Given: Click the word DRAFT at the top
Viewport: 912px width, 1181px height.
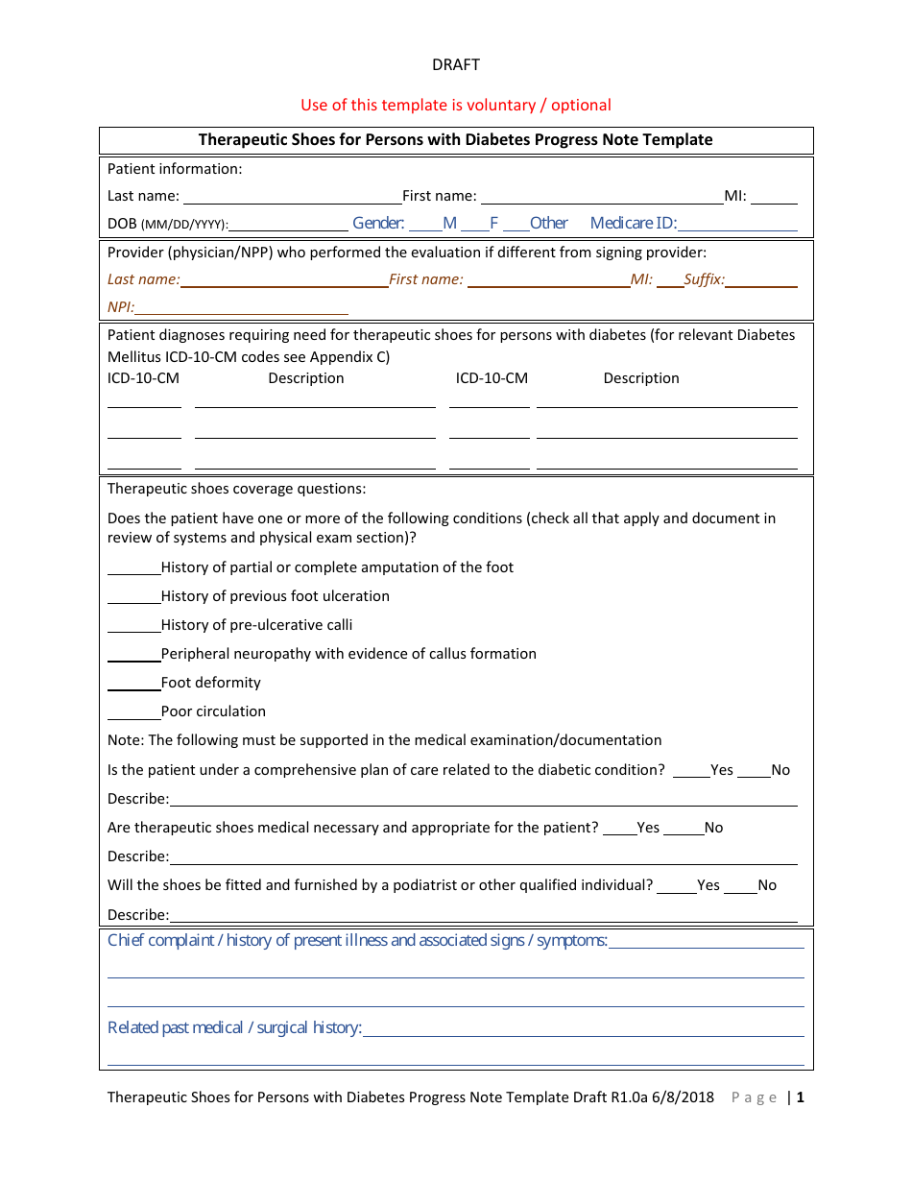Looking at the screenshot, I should [x=455, y=64].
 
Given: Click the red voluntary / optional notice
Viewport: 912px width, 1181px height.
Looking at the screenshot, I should [x=455, y=105].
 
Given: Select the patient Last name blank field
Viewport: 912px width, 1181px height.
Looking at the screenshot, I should [x=292, y=198].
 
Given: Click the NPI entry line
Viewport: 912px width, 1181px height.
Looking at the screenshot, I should [x=241, y=309].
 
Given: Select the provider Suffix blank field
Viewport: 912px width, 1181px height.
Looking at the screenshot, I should [x=761, y=281].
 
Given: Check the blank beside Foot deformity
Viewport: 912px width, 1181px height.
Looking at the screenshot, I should [x=133, y=685].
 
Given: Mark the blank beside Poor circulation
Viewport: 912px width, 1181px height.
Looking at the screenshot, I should [x=133, y=713].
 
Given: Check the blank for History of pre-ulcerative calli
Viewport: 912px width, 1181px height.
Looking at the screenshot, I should [x=133, y=627].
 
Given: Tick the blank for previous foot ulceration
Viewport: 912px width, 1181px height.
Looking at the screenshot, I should [x=133, y=598].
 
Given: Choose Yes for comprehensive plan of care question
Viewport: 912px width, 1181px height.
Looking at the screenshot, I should [x=691, y=772].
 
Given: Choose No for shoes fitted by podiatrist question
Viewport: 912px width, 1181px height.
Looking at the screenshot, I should [x=740, y=887].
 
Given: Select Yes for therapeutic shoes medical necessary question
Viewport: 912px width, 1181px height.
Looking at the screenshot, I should [x=619, y=830].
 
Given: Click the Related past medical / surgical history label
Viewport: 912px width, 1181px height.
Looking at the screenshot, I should [x=234, y=1027].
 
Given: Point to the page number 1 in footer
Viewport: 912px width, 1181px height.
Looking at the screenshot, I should [x=800, y=1097].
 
